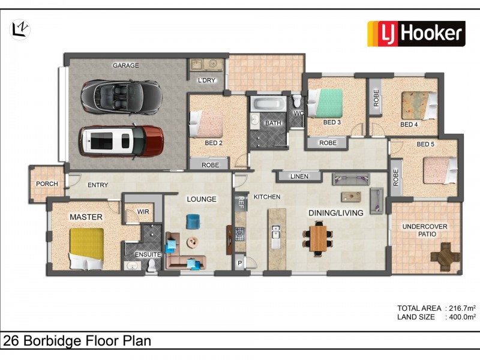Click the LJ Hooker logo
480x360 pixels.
coord(416,34)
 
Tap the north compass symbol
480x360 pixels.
coord(20,29)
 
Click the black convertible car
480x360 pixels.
coord(122,97)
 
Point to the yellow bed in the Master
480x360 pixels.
coord(86,248)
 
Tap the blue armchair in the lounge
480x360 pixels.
coord(193,221)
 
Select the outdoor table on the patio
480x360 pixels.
coord(446,257)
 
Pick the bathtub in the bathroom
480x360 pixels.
coord(269,104)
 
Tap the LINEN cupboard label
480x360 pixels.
coord(299,176)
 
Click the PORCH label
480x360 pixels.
coord(47,184)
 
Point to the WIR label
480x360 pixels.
coord(143,212)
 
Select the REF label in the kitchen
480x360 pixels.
coord(241,202)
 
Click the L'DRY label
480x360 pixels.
coord(206,80)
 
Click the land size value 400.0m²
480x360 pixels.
coord(462,317)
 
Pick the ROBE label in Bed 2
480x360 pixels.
coord(211,165)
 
